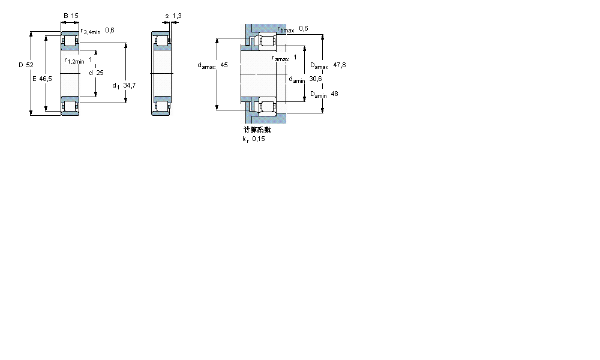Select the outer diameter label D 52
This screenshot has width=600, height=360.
(x=25, y=64)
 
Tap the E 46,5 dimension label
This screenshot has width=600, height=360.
(x=41, y=79)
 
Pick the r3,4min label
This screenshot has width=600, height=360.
(x=91, y=31)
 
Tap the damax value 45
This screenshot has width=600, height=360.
(x=224, y=65)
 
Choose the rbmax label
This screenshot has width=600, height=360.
(x=286, y=29)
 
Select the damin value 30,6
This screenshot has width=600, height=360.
(x=316, y=79)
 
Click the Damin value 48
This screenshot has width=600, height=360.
(x=335, y=94)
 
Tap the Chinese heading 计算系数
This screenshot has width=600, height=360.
(x=257, y=130)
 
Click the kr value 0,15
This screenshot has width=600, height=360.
(x=258, y=139)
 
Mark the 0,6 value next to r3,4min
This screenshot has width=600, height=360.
(x=110, y=30)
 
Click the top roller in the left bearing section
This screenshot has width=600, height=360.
(x=70, y=41)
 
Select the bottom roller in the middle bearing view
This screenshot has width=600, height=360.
(x=162, y=106)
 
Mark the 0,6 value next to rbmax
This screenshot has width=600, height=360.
(x=303, y=28)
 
